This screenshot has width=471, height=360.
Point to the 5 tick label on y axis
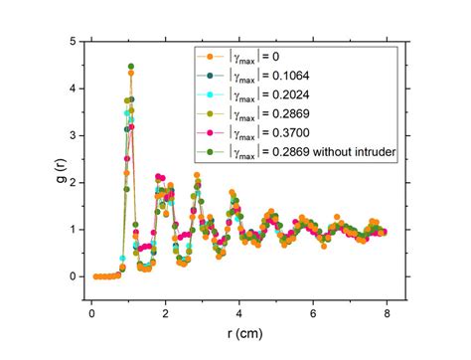coord(70,42)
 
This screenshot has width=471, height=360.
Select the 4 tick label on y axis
coord(70,89)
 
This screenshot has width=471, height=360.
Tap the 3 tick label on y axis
coord(70,135)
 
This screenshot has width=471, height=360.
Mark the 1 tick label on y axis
coord(70,230)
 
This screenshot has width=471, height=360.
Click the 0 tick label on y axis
coord(70,276)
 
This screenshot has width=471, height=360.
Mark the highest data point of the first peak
coord(130,67)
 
